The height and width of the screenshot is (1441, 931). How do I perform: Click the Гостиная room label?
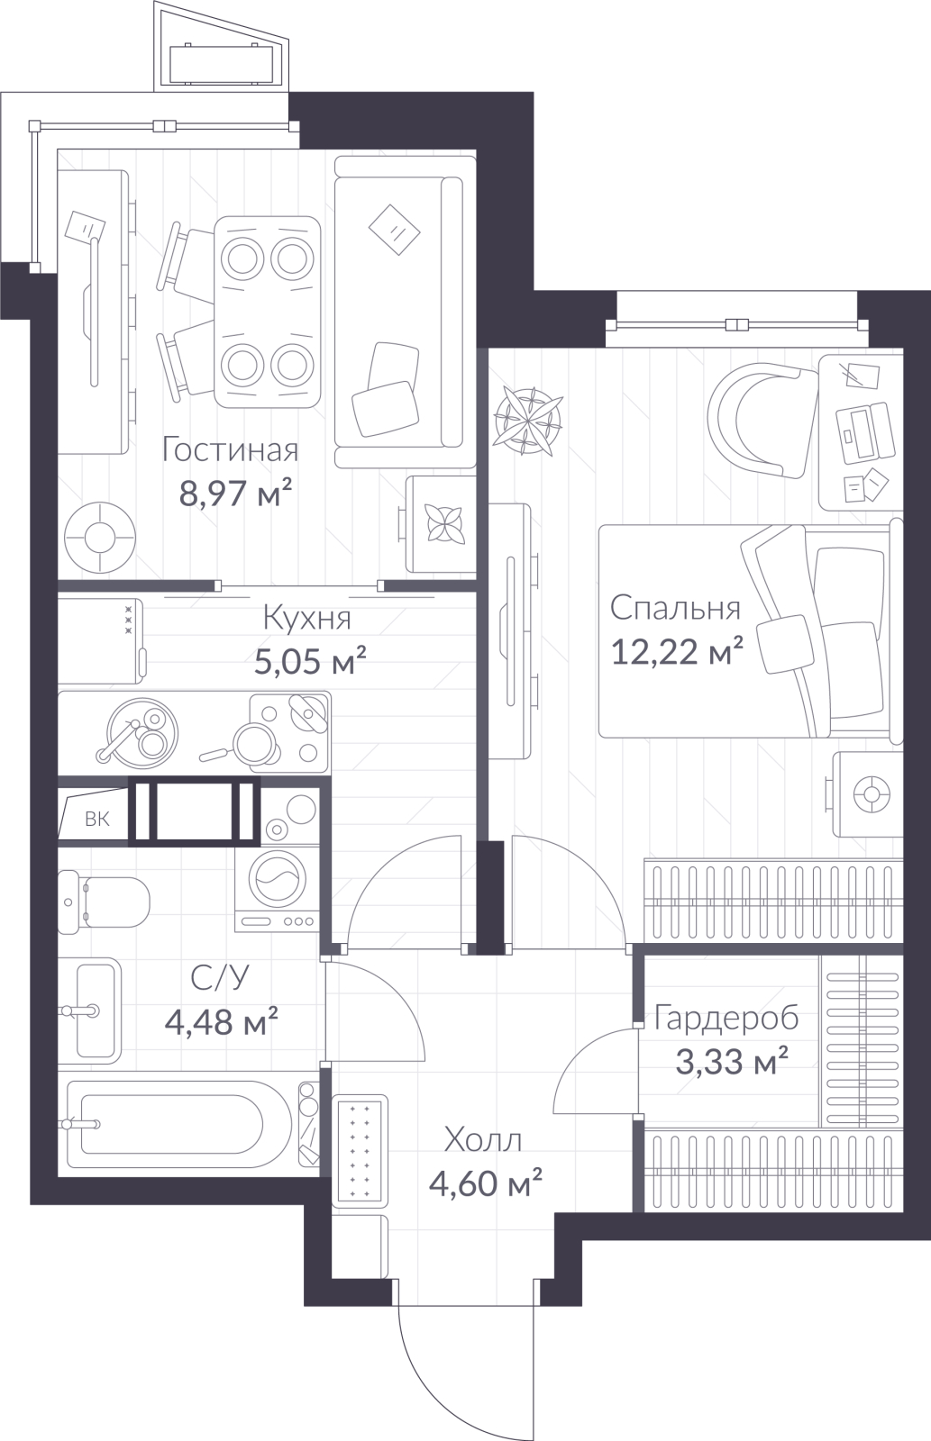pyautogui.click(x=230, y=449)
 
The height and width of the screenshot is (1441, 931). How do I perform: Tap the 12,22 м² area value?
pyautogui.click(x=678, y=652)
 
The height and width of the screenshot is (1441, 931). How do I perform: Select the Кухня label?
pyautogui.click(x=307, y=618)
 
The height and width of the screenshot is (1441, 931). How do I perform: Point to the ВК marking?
pyautogui.click(x=97, y=819)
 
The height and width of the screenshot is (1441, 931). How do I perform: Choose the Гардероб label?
pyautogui.click(x=726, y=1019)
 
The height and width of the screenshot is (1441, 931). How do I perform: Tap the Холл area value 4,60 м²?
pyautogui.click(x=486, y=1183)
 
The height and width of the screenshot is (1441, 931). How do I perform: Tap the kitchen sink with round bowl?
pyautogui.click(x=142, y=733)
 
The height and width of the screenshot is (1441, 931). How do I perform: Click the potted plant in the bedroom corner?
pyautogui.click(x=527, y=421)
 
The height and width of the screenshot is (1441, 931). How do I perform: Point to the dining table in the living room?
pyautogui.click(x=267, y=312)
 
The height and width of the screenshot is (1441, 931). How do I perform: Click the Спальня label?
pyautogui.click(x=675, y=607)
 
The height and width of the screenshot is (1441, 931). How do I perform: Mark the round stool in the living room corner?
pyautogui.click(x=100, y=536)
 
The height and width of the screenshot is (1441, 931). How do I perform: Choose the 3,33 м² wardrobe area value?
pyautogui.click(x=732, y=1062)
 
